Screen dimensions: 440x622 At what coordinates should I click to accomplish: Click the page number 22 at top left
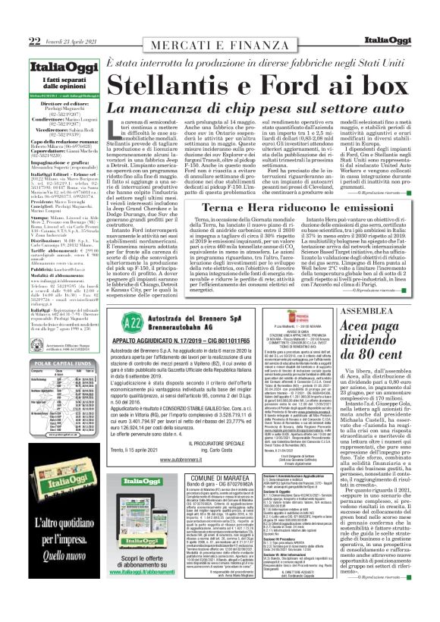click(13, 19)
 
